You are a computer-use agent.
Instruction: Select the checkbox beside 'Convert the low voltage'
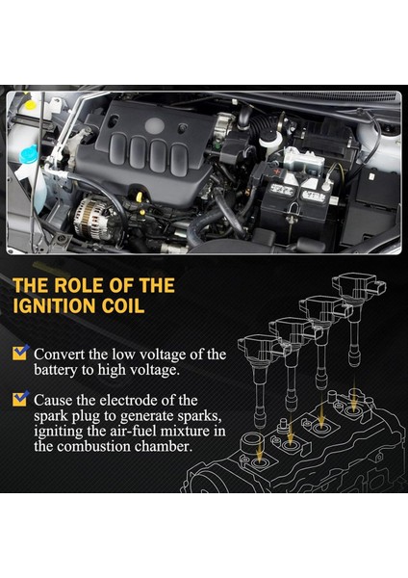(x=20, y=353)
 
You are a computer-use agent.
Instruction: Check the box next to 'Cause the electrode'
(x=20, y=399)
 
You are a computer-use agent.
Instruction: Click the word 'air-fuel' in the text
(x=134, y=431)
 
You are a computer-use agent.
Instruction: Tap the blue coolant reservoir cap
(x=28, y=154)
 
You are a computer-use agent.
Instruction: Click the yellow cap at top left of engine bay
(x=30, y=105)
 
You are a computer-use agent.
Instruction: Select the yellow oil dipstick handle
(x=140, y=197)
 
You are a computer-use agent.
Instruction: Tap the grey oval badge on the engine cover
(x=155, y=125)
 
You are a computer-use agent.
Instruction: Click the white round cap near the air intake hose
(x=270, y=139)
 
